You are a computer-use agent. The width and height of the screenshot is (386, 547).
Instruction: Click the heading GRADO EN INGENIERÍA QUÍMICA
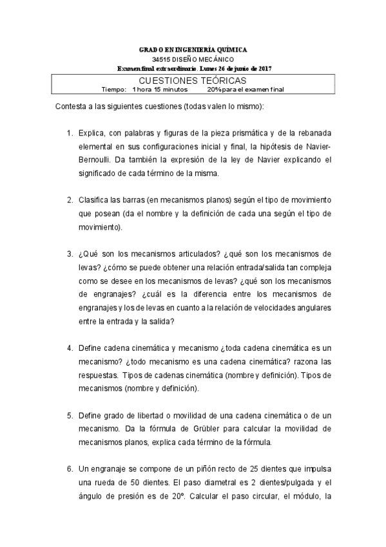tap(193, 50)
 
